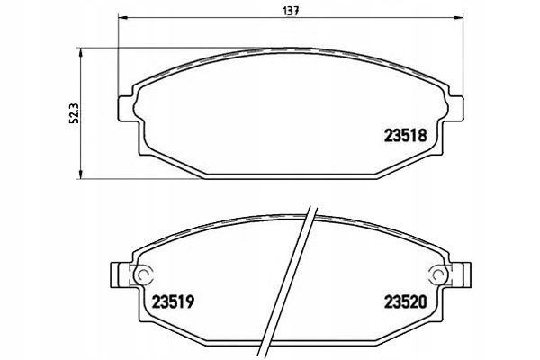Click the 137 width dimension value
click(x=291, y=11)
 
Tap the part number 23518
click(x=405, y=136)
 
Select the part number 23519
click(x=173, y=302)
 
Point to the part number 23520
click(x=405, y=302)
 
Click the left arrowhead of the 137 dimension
click(x=122, y=17)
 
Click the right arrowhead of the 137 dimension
click(x=459, y=17)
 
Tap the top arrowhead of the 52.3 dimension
click(x=81, y=53)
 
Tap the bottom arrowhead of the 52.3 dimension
click(x=81, y=175)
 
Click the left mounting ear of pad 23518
click(x=125, y=109)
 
